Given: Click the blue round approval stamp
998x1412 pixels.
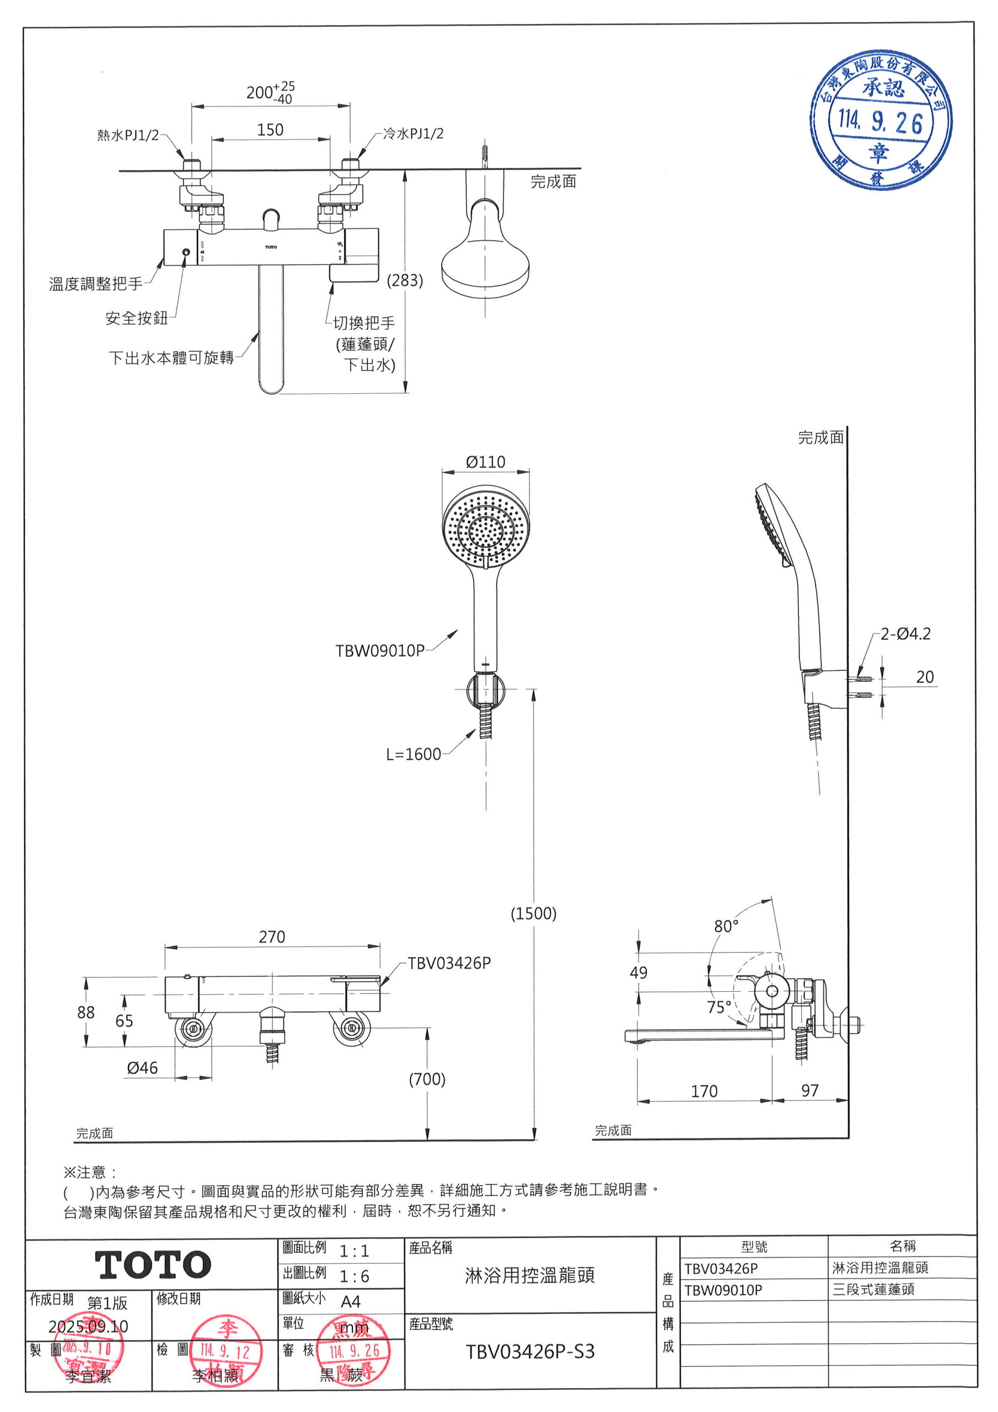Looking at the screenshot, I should pos(880,121).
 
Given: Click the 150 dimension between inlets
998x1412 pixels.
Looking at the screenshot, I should pos(270,130).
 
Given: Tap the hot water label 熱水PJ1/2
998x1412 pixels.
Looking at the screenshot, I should pos(128,135).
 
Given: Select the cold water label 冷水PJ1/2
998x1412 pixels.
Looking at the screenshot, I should pos(413,133).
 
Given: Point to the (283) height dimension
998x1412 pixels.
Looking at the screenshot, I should pos(405,280).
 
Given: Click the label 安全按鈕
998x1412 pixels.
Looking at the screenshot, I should pos(137,318).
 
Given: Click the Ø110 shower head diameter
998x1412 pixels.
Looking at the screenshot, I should pos(485,462).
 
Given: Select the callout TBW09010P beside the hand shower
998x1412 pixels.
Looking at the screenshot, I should pos(379,651).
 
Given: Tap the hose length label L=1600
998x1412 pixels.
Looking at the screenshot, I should pos(413,754).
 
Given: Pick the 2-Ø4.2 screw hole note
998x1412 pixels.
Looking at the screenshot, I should pos(905,633).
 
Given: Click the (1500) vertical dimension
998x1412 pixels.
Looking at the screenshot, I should pos(533,913).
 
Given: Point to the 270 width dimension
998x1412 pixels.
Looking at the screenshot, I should pos(272,937).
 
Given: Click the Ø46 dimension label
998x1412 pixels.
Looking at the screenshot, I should pos(142,1068).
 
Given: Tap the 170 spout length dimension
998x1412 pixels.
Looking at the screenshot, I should pos(704,1091).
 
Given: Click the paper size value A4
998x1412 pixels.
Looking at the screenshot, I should pos(351,1301).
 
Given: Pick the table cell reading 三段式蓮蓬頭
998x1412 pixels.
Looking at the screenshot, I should pos(873,1290).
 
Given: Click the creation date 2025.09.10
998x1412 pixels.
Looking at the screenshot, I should pos(89,1326).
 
